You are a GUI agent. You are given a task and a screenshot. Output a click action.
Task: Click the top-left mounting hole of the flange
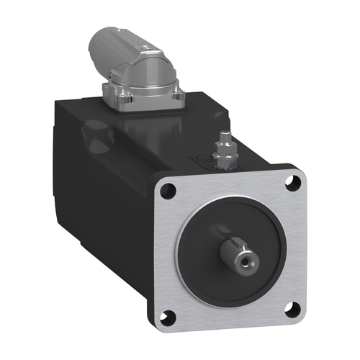167,191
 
